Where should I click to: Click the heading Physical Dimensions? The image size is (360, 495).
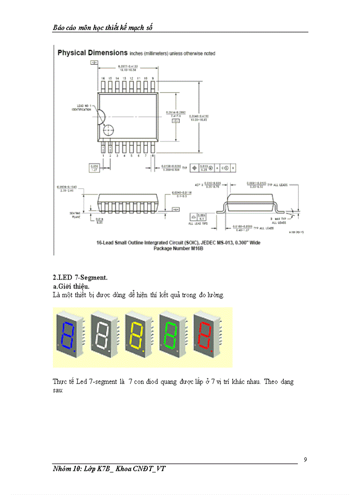(93, 53)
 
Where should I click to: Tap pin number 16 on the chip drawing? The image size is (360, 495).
(103, 78)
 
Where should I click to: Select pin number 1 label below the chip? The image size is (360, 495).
(103, 156)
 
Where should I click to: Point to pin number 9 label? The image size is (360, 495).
(152, 78)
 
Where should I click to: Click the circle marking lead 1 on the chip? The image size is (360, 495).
(108, 131)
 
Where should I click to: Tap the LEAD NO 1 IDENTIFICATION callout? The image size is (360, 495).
(82, 108)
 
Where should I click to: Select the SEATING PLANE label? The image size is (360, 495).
(75, 215)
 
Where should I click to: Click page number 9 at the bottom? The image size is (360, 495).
(305, 460)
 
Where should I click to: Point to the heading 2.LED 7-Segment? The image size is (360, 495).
(80, 278)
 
